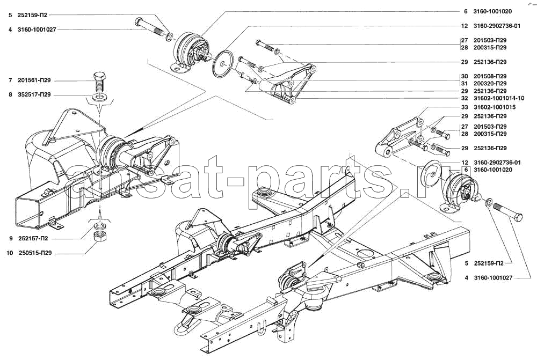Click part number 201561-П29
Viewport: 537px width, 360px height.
34,80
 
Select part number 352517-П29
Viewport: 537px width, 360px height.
34,95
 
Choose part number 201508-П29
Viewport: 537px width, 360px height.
490,76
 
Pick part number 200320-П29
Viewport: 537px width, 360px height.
490,84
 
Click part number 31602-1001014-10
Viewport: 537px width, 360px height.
499,98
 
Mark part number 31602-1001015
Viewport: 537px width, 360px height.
495,107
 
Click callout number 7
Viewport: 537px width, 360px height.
10,80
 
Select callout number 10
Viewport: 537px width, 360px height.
10,253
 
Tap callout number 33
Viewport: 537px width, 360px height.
465,107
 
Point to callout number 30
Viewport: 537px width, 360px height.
465,76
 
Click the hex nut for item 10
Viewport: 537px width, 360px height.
100,236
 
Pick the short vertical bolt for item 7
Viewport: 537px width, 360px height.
100,81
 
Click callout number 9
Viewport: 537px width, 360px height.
11,239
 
